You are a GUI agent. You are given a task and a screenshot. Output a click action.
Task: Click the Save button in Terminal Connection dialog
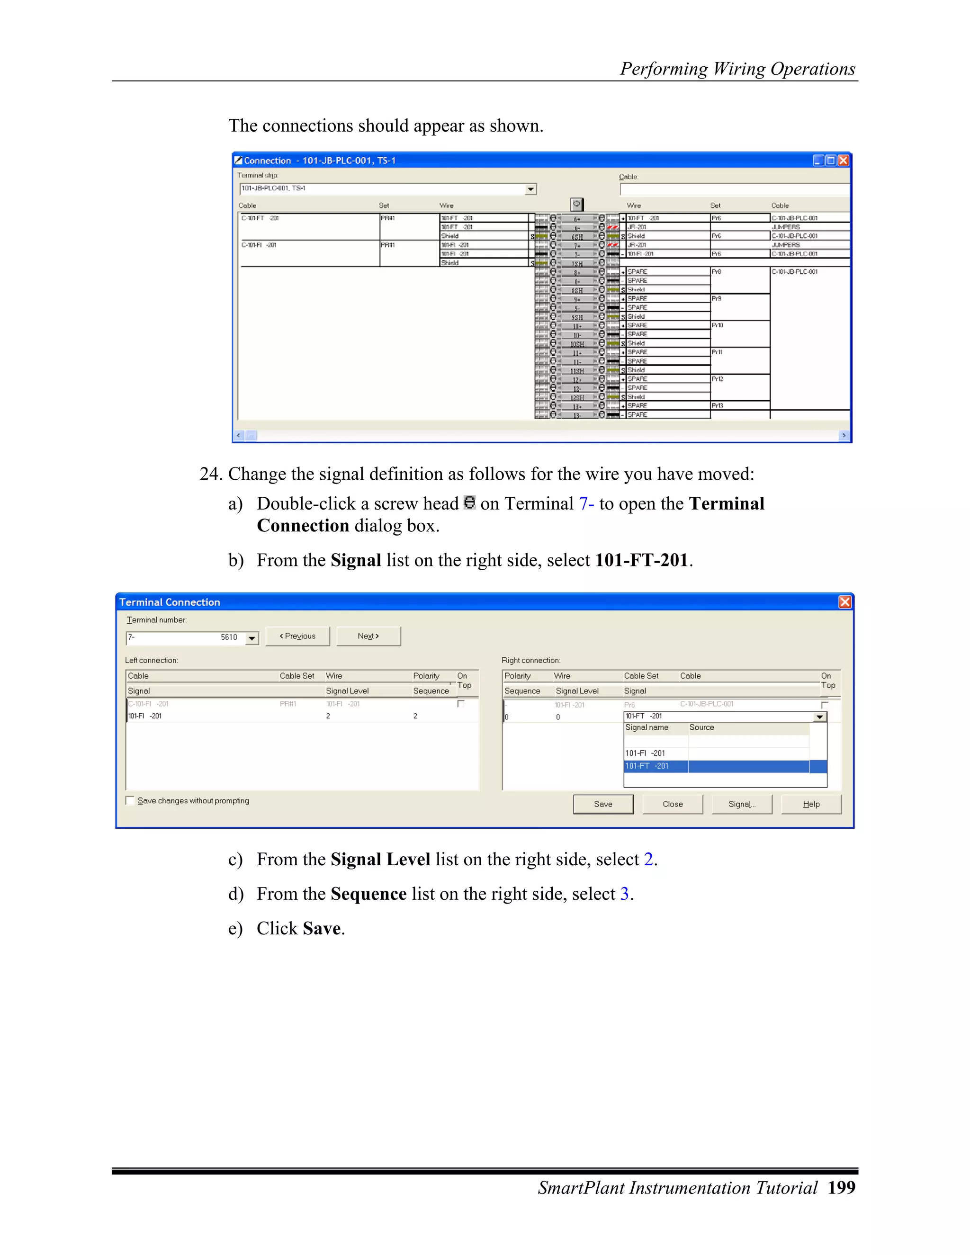[603, 804]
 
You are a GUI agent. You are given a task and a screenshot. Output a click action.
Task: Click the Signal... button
[741, 804]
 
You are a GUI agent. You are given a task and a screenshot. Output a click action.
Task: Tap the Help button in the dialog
[811, 804]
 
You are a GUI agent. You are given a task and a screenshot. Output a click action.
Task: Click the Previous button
[297, 636]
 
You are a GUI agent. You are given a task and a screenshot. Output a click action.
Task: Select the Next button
[368, 636]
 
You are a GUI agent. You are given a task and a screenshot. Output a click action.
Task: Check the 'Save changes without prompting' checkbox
[130, 800]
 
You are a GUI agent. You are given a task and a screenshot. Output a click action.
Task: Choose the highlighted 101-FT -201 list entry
[647, 766]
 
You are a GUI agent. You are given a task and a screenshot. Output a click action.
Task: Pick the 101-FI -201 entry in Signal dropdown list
[646, 753]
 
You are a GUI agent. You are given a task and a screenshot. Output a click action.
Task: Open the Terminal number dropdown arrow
[251, 638]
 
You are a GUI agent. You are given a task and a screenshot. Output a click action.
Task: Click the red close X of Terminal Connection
[845, 601]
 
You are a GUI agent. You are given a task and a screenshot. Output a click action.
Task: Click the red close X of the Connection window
[843, 161]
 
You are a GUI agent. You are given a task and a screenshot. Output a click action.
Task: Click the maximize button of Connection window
[830, 161]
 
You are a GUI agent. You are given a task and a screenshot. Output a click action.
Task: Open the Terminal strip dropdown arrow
[530, 189]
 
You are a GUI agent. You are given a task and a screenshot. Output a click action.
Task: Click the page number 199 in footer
[841, 1188]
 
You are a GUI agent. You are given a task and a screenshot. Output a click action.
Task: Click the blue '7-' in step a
[586, 503]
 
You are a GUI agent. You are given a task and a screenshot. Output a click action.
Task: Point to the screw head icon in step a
[469, 502]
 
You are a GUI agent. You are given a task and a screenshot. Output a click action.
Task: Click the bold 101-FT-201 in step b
[641, 560]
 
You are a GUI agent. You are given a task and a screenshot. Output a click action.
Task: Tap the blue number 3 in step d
[625, 894]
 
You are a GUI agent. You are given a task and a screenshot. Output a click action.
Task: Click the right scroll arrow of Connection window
[844, 436]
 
